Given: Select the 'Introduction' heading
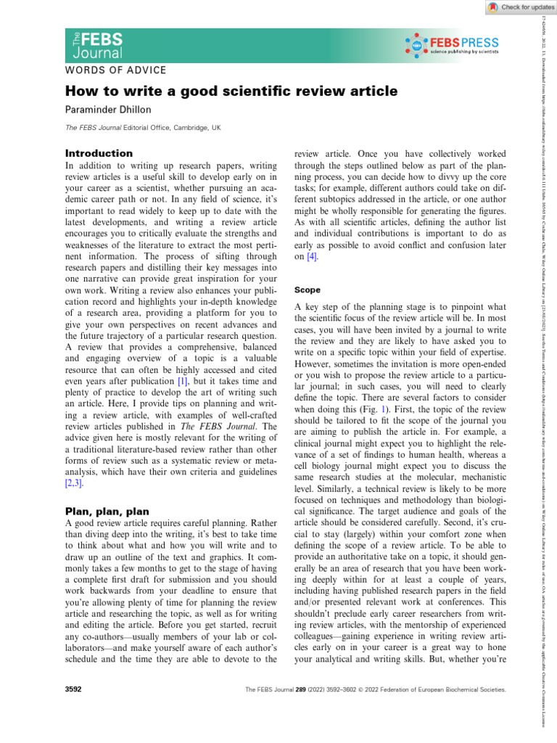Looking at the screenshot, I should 99,154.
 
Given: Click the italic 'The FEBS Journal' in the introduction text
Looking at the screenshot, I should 234,425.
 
